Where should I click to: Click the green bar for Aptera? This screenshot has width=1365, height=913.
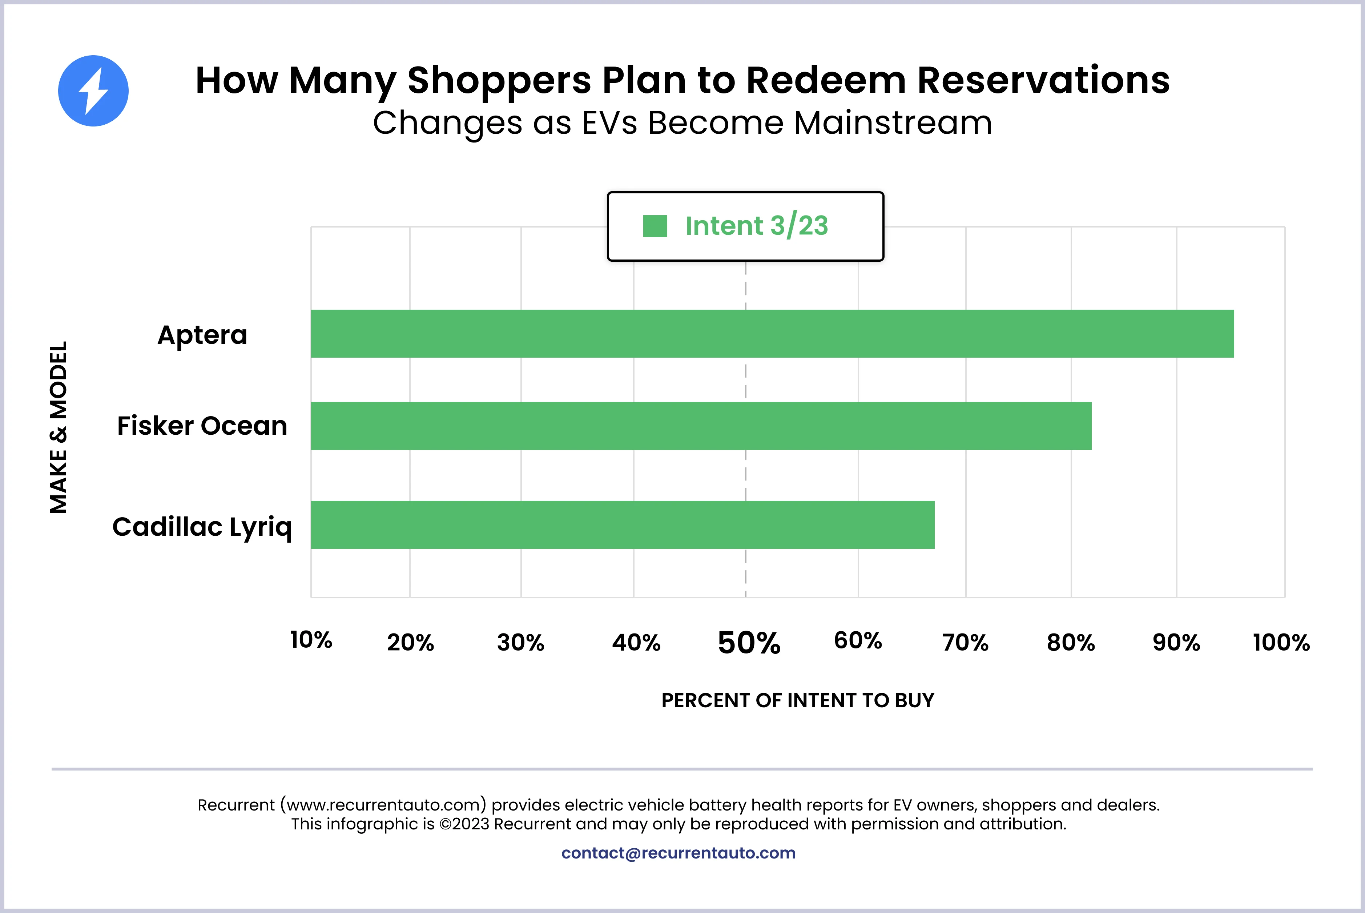[x=772, y=334]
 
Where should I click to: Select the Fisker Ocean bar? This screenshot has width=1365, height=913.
[x=701, y=426]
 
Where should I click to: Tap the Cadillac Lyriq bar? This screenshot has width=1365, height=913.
[x=622, y=524]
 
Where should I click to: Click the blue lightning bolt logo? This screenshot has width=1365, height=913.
[x=93, y=91]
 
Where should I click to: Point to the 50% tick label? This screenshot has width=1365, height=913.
[x=749, y=643]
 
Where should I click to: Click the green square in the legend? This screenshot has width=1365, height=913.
[x=655, y=226]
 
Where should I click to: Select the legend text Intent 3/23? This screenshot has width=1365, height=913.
[x=756, y=226]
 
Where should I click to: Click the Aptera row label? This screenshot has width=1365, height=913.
[x=202, y=335]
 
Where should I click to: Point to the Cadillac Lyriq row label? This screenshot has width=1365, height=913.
[x=202, y=527]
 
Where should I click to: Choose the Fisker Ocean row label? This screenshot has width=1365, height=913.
[x=202, y=426]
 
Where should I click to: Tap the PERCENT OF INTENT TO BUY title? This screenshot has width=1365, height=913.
[x=797, y=700]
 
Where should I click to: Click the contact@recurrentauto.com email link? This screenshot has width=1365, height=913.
[x=678, y=853]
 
